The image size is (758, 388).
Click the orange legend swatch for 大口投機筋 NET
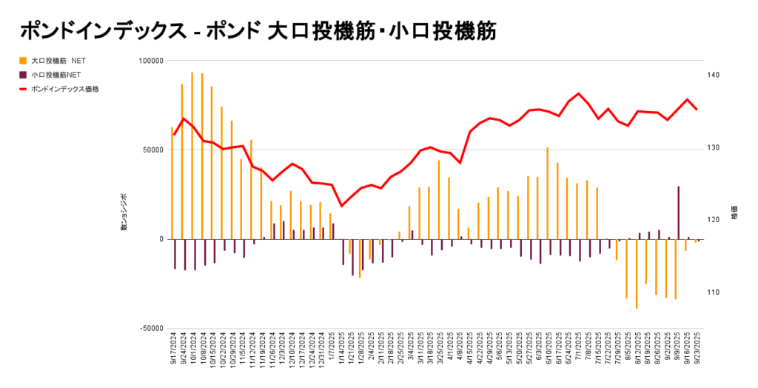pos(24,60)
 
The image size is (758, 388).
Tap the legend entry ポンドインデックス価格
pos(65,88)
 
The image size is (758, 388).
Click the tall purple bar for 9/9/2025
pos(679,213)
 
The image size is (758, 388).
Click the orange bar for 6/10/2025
pos(548,193)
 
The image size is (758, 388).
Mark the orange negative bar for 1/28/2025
pos(360,258)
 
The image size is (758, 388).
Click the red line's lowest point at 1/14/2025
pos(341,206)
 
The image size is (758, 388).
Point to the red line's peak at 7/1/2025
pos(578,93)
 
